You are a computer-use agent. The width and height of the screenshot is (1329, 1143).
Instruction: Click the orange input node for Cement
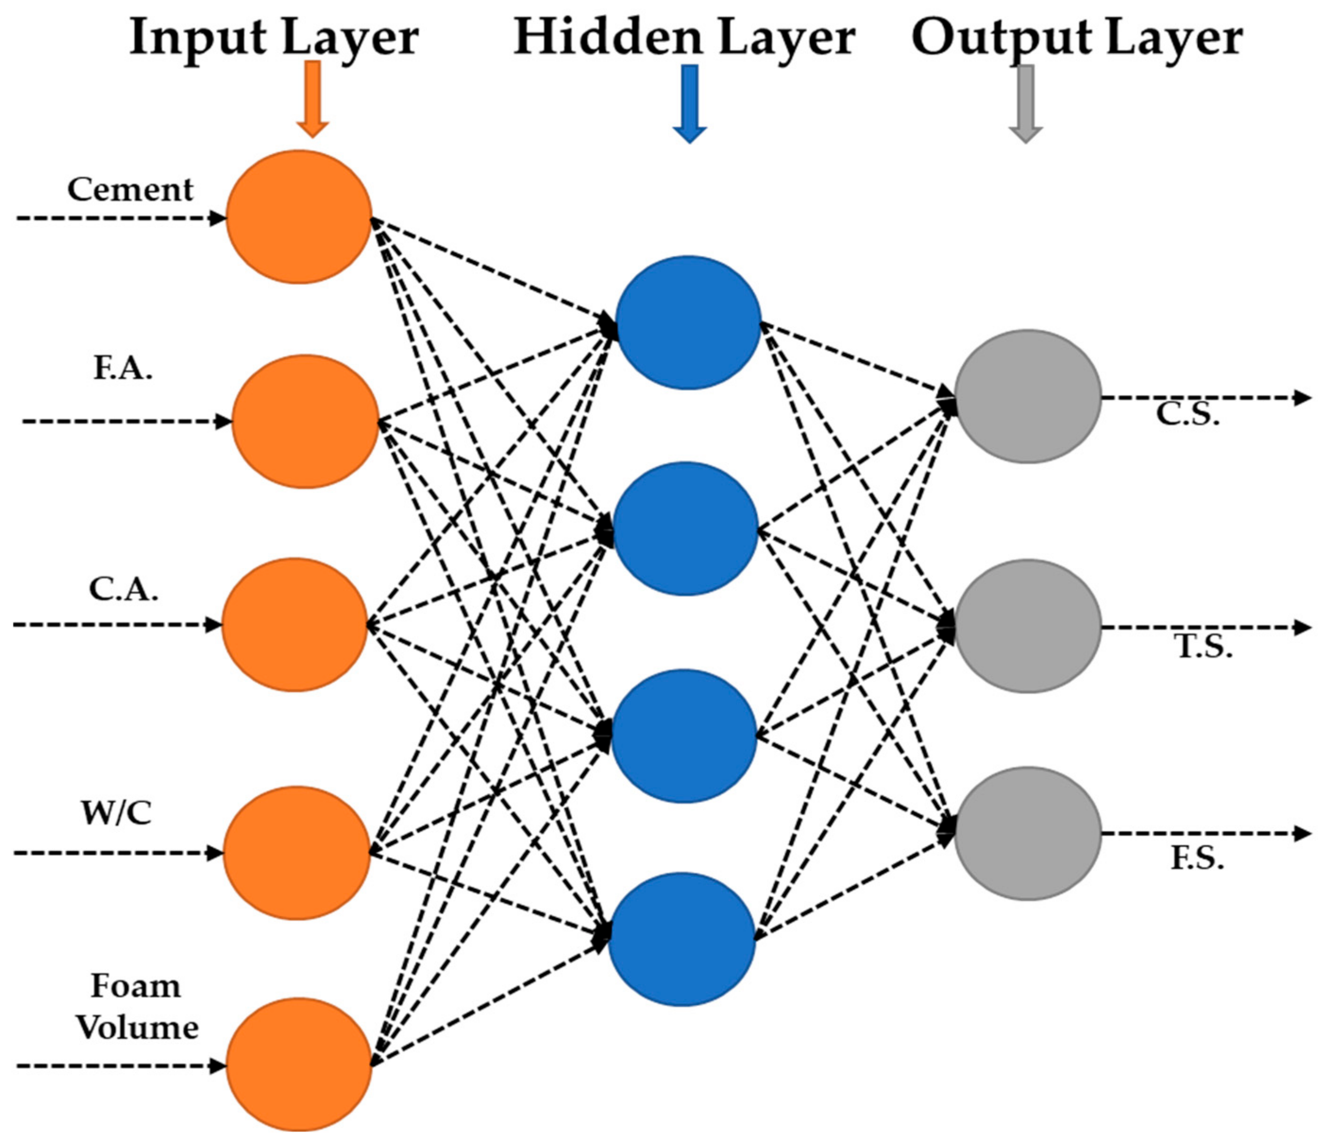(x=299, y=217)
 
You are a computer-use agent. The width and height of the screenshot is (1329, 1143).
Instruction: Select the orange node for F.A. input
(x=305, y=422)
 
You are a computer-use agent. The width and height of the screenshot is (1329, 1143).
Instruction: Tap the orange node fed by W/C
(x=296, y=853)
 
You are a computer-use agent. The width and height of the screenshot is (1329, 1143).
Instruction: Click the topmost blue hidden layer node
(x=688, y=323)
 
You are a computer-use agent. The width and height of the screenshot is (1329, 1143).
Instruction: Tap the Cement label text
(x=130, y=190)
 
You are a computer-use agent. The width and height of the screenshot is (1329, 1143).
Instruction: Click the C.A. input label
(x=123, y=589)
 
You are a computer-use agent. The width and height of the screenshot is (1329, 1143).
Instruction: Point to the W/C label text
(x=116, y=814)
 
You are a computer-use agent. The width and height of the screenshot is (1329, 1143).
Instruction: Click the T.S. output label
(x=1203, y=648)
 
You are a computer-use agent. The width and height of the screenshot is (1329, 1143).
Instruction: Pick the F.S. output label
(x=1197, y=859)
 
